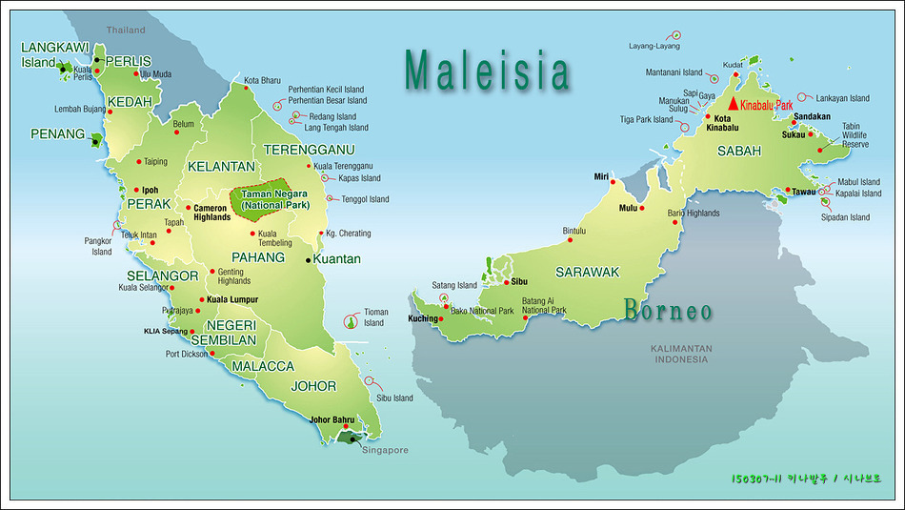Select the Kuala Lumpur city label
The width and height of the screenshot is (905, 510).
click(x=232, y=300)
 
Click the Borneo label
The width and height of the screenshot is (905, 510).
click(x=668, y=311)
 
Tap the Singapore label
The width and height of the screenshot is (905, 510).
click(x=385, y=450)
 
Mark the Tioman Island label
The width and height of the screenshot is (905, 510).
click(x=373, y=317)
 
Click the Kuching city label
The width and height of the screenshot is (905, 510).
click(x=425, y=318)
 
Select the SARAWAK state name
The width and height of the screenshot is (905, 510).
click(x=588, y=273)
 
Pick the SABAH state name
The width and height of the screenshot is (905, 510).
click(x=739, y=151)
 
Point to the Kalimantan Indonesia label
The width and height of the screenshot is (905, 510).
click(x=681, y=354)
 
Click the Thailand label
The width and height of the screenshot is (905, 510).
click(x=126, y=31)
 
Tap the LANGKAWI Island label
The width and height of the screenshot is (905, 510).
click(x=53, y=54)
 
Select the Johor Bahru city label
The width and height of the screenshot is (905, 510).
click(x=332, y=419)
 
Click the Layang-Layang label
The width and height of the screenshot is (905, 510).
click(x=654, y=46)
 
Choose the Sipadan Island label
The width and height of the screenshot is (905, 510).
click(x=845, y=217)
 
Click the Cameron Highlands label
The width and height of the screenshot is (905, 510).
click(x=211, y=213)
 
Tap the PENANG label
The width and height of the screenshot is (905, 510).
click(x=58, y=134)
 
